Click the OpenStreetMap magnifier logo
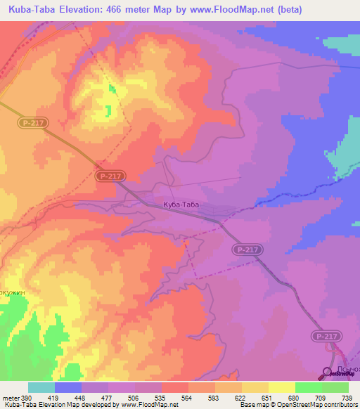tap(327, 373)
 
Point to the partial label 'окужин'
tap(13, 292)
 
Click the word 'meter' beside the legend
tap(9, 397)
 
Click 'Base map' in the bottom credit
tap(252, 405)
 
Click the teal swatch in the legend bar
tap(41, 387)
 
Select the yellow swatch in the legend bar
tap(282, 387)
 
